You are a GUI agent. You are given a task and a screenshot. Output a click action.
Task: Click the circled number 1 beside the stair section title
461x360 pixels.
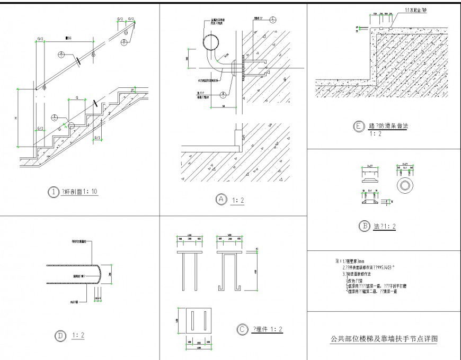point(53,193)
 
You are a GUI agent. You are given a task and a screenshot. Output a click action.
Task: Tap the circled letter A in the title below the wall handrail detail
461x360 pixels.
point(221,199)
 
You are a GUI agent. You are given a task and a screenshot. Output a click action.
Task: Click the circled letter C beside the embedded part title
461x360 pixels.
point(242,329)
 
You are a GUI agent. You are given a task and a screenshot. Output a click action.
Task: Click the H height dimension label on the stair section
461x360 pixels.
point(16,118)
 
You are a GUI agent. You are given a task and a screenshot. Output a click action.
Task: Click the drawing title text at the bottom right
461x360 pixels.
point(384,338)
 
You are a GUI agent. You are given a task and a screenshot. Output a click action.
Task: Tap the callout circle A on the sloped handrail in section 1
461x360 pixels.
point(61,55)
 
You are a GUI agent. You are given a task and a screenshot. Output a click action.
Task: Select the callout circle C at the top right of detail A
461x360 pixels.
point(272,20)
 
